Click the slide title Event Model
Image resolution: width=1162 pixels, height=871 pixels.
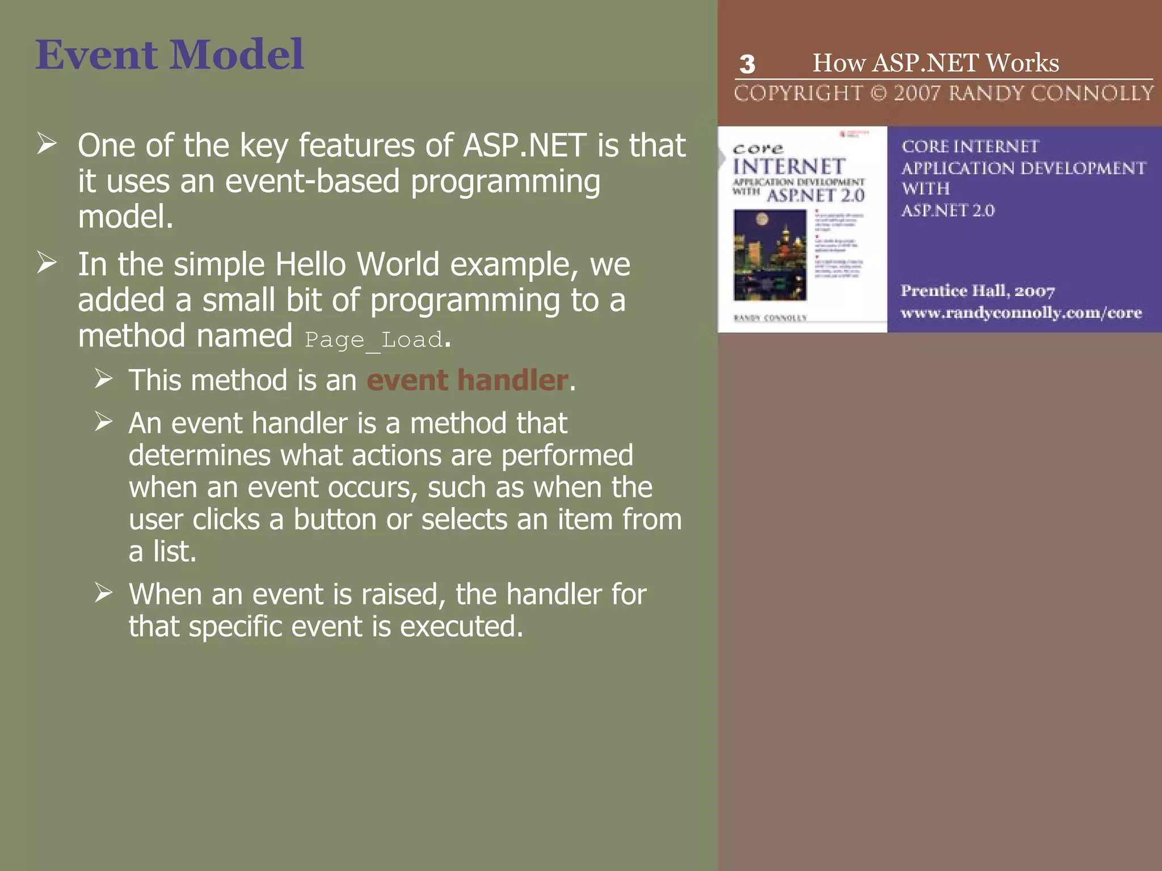click(x=169, y=54)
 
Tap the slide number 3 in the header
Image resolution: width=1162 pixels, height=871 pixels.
click(x=747, y=65)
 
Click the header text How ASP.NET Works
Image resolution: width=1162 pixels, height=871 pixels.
click(x=936, y=62)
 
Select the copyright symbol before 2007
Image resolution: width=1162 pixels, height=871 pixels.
click(x=878, y=93)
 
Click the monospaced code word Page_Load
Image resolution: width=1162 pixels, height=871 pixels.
click(x=373, y=340)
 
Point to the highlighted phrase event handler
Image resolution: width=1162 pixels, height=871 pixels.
click(x=467, y=380)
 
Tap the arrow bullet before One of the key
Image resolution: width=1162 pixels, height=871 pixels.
click(x=47, y=143)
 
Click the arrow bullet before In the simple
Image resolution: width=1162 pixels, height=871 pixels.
click(x=47, y=263)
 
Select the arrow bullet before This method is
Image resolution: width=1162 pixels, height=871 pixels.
click(x=104, y=378)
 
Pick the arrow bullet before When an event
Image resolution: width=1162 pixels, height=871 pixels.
click(x=104, y=593)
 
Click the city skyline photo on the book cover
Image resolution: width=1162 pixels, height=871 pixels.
click(x=769, y=255)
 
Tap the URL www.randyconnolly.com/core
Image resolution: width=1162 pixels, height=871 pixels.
click(x=1021, y=312)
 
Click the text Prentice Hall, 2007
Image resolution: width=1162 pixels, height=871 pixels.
click(x=977, y=291)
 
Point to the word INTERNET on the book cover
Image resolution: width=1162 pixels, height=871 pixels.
click(x=789, y=167)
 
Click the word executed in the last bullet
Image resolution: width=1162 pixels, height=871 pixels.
click(x=461, y=627)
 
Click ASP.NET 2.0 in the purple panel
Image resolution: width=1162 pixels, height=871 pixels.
click(x=948, y=210)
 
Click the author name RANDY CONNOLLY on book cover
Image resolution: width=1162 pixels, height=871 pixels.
click(x=770, y=318)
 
